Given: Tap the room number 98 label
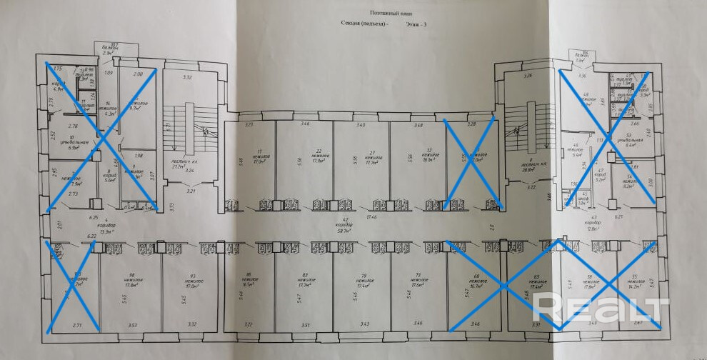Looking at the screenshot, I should tap(131, 275).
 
